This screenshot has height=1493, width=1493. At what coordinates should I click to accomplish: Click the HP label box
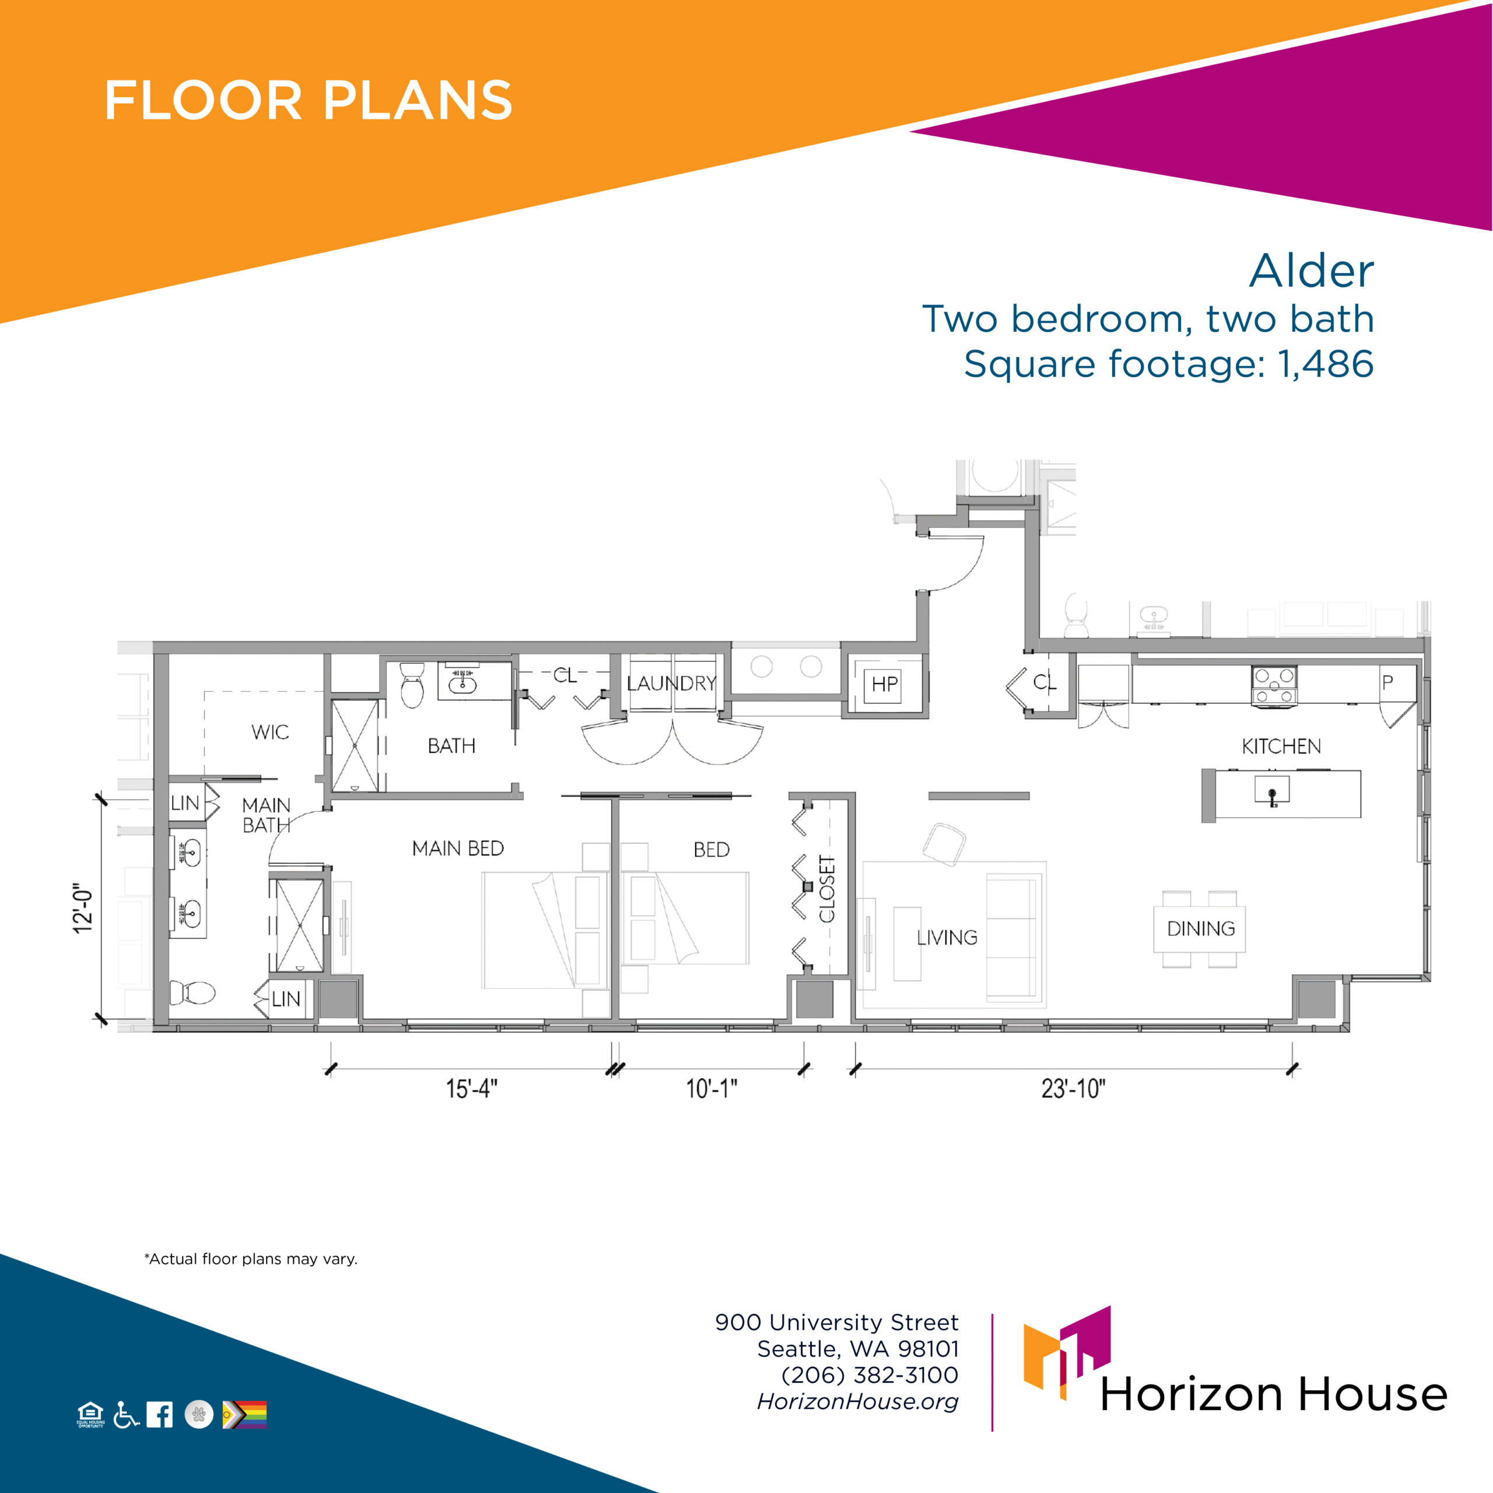[x=885, y=684]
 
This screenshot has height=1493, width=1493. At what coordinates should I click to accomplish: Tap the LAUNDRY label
[x=671, y=683]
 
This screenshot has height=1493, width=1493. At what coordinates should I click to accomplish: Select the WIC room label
[x=269, y=732]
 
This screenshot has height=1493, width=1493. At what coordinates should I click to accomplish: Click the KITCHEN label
[x=1281, y=746]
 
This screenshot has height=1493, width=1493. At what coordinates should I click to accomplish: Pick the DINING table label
[x=1201, y=929]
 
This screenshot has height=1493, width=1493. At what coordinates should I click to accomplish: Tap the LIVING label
[x=947, y=937]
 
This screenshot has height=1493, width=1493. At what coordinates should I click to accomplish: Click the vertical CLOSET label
[x=828, y=889]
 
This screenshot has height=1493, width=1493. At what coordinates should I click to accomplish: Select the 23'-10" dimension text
[x=1073, y=1089]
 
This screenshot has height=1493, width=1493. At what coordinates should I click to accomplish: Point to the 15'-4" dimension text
[x=471, y=1089]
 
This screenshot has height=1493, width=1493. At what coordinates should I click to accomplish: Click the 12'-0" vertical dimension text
[x=83, y=908]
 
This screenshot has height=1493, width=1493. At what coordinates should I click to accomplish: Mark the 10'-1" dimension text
[x=711, y=1089]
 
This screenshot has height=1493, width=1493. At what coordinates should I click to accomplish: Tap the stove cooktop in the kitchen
[x=1274, y=685]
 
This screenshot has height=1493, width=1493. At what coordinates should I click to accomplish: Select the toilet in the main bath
[x=192, y=992]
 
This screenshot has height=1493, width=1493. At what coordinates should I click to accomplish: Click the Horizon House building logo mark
[x=1067, y=1352]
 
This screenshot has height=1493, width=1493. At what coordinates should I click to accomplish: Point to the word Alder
[x=1312, y=271]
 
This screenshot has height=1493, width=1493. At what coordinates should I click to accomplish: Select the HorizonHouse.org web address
[x=858, y=1402]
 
